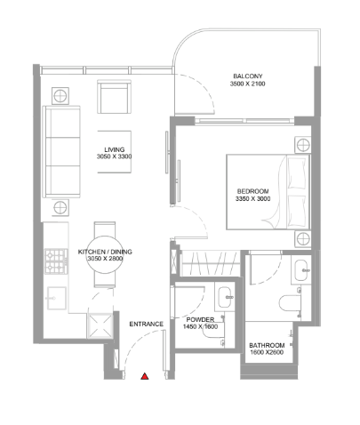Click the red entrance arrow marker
(144, 376)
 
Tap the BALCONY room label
(248, 76)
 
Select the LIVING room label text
(115, 149)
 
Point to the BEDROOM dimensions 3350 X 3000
(252, 199)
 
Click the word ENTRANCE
(147, 324)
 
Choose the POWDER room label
(200, 320)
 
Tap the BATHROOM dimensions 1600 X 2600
(267, 352)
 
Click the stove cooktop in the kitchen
(56, 261)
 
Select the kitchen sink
(56, 298)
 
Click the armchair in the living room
(114, 97)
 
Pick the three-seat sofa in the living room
(61, 151)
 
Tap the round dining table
(105, 254)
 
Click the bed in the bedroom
(268, 192)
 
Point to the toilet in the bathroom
(291, 303)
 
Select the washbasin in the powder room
(225, 297)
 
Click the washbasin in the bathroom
(301, 270)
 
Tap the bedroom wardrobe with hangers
(211, 263)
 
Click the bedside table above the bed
(303, 145)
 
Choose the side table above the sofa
(60, 95)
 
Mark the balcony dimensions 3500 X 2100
(248, 84)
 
